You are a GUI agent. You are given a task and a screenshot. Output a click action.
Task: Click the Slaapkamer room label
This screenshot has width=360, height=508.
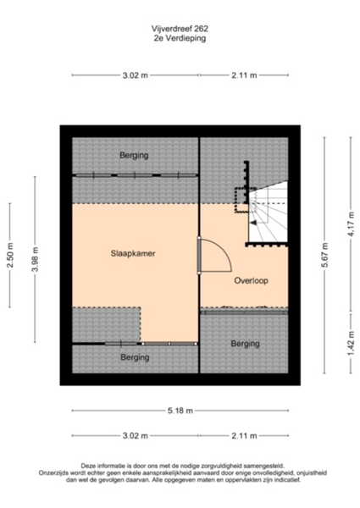[133, 253]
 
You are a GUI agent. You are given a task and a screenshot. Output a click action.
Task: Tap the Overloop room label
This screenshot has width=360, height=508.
[251, 280]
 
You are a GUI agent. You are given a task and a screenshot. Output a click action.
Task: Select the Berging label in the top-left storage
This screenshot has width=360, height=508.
[134, 155]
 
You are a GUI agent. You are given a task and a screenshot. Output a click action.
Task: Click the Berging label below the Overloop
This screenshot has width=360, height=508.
[246, 344]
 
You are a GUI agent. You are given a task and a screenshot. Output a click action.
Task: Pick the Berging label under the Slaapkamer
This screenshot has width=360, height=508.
[135, 357]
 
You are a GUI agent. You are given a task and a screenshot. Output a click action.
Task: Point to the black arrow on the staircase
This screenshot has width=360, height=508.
[254, 223]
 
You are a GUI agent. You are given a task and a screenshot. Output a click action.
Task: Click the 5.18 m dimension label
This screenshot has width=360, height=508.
[180, 411]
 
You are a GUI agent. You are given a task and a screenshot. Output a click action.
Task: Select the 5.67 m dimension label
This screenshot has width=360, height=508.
[325, 255]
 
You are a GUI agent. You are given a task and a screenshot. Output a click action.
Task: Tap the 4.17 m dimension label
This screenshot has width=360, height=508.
[352, 224]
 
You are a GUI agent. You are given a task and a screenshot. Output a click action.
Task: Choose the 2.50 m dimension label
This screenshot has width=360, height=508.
[11, 256]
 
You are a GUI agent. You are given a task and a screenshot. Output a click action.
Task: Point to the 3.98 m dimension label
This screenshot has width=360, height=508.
[36, 259]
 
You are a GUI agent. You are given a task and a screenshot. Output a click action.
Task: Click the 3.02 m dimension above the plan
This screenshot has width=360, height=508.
[136, 75]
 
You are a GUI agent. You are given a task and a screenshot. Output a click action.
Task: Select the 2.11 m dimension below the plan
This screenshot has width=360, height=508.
[244, 436]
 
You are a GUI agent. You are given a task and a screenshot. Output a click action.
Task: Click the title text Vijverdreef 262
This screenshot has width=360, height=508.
[180, 29]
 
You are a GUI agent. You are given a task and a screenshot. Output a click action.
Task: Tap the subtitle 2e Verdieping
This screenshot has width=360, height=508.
[180, 38]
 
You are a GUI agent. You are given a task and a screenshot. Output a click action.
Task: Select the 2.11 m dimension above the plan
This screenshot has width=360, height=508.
[244, 75]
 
